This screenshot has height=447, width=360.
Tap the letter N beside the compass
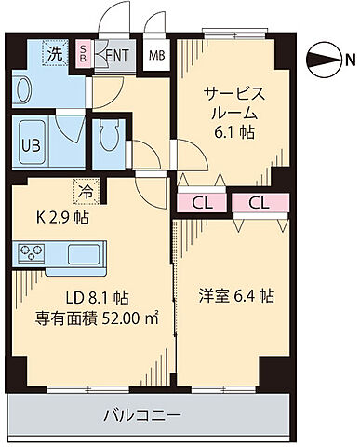click(349, 62)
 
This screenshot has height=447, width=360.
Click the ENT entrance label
click(117, 55)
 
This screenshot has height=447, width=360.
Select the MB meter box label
click(157, 55)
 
